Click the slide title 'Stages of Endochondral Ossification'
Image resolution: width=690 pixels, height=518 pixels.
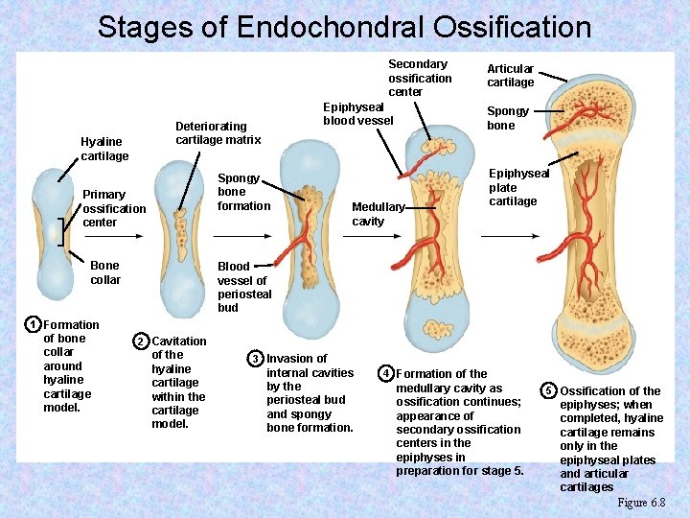(x=344, y=26)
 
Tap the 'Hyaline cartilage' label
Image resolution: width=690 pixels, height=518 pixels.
(x=104, y=149)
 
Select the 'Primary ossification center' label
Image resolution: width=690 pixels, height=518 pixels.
(x=114, y=208)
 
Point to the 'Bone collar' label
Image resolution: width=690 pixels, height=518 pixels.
(x=105, y=272)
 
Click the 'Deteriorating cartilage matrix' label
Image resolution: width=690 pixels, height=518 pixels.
(x=218, y=132)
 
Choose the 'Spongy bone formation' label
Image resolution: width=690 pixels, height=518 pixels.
(x=243, y=192)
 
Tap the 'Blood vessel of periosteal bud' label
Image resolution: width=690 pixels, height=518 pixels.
(x=244, y=287)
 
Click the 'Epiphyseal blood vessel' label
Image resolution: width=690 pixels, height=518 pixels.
(x=357, y=113)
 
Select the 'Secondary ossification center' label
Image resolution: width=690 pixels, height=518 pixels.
(x=420, y=78)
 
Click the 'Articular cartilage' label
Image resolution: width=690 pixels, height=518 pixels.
(x=510, y=75)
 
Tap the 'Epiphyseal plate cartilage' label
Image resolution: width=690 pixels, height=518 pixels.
(x=518, y=187)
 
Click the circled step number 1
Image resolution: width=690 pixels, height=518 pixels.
(x=33, y=325)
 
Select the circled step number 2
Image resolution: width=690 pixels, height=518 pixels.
(x=141, y=341)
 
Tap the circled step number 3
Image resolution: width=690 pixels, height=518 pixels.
(x=255, y=359)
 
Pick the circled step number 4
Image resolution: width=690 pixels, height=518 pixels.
(x=385, y=373)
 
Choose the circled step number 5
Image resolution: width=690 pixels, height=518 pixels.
(x=548, y=390)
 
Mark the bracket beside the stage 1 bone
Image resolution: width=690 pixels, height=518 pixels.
(x=60, y=231)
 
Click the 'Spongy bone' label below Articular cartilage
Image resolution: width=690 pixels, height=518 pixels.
(x=500, y=118)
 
